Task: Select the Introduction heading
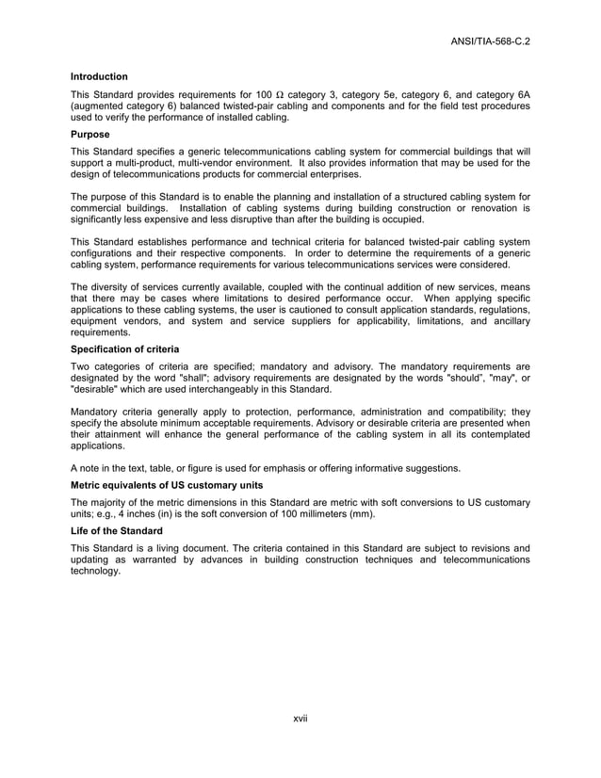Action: pyautogui.click(x=99, y=76)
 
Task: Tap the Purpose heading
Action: pyautogui.click(x=90, y=135)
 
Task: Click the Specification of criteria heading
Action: pyautogui.click(x=125, y=349)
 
